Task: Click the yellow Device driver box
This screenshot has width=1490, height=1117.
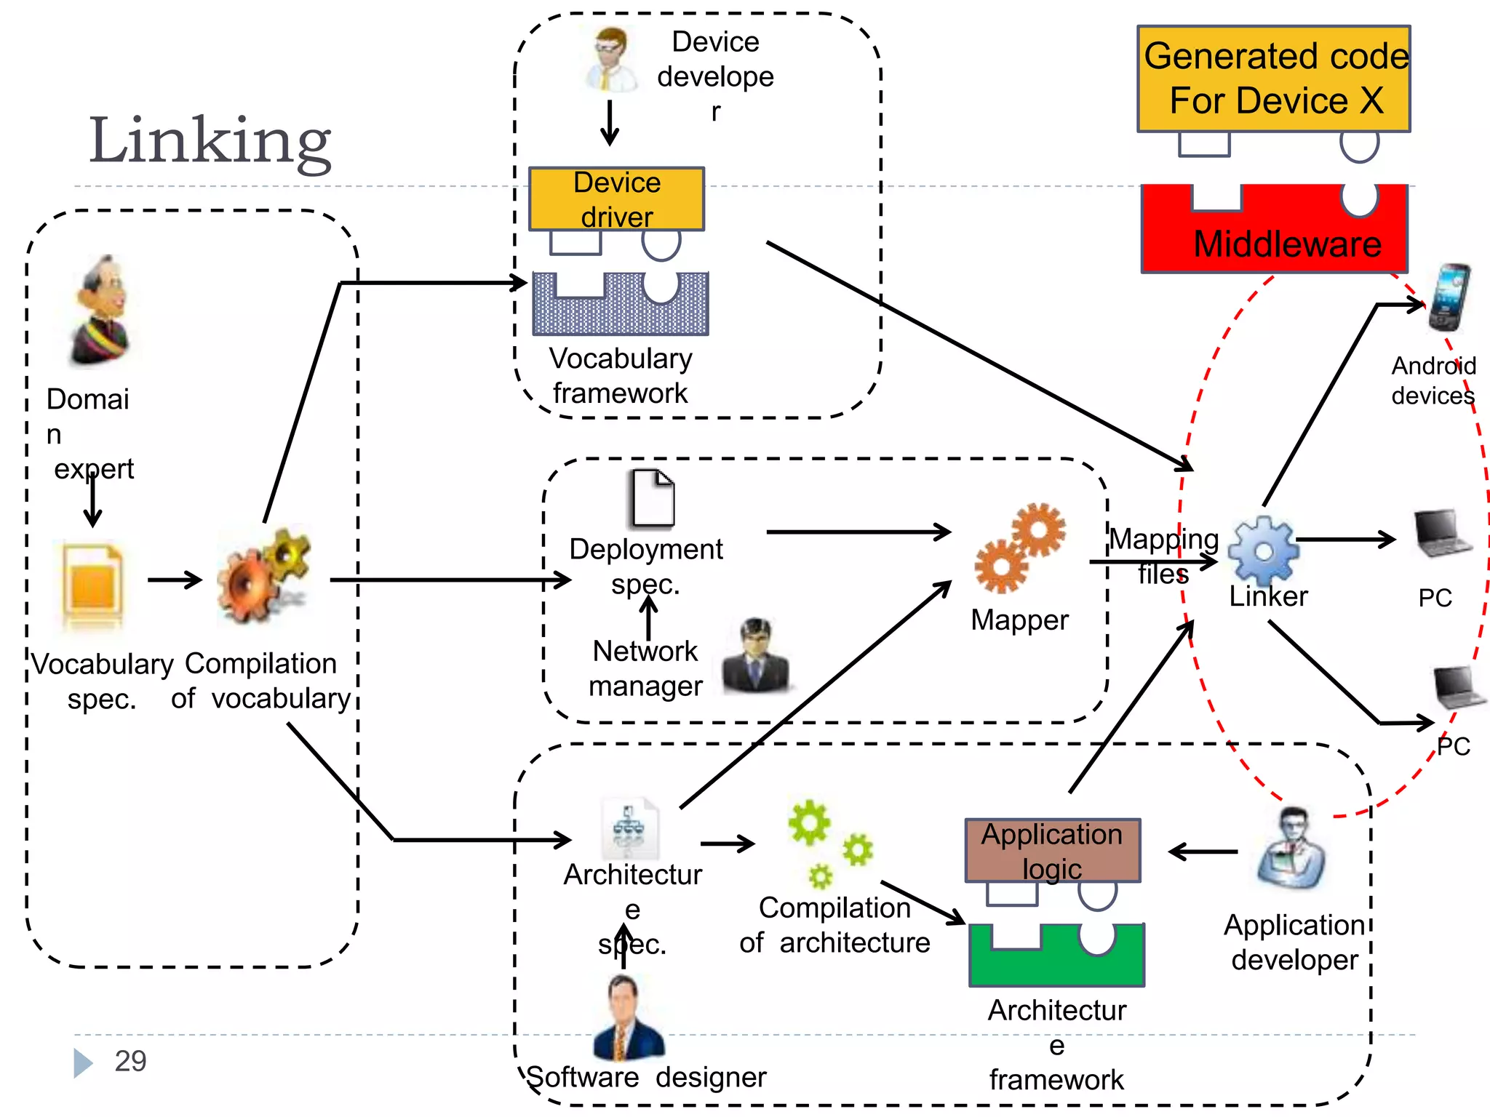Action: (x=616, y=199)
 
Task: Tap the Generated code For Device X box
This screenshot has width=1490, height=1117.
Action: (x=1273, y=79)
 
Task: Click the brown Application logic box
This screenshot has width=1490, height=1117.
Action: (x=1052, y=850)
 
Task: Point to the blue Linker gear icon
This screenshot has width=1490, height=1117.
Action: (x=1264, y=551)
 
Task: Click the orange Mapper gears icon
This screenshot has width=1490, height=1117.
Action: (x=1020, y=547)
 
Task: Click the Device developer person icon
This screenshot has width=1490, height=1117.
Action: (x=610, y=60)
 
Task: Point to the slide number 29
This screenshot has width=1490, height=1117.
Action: (x=130, y=1061)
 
